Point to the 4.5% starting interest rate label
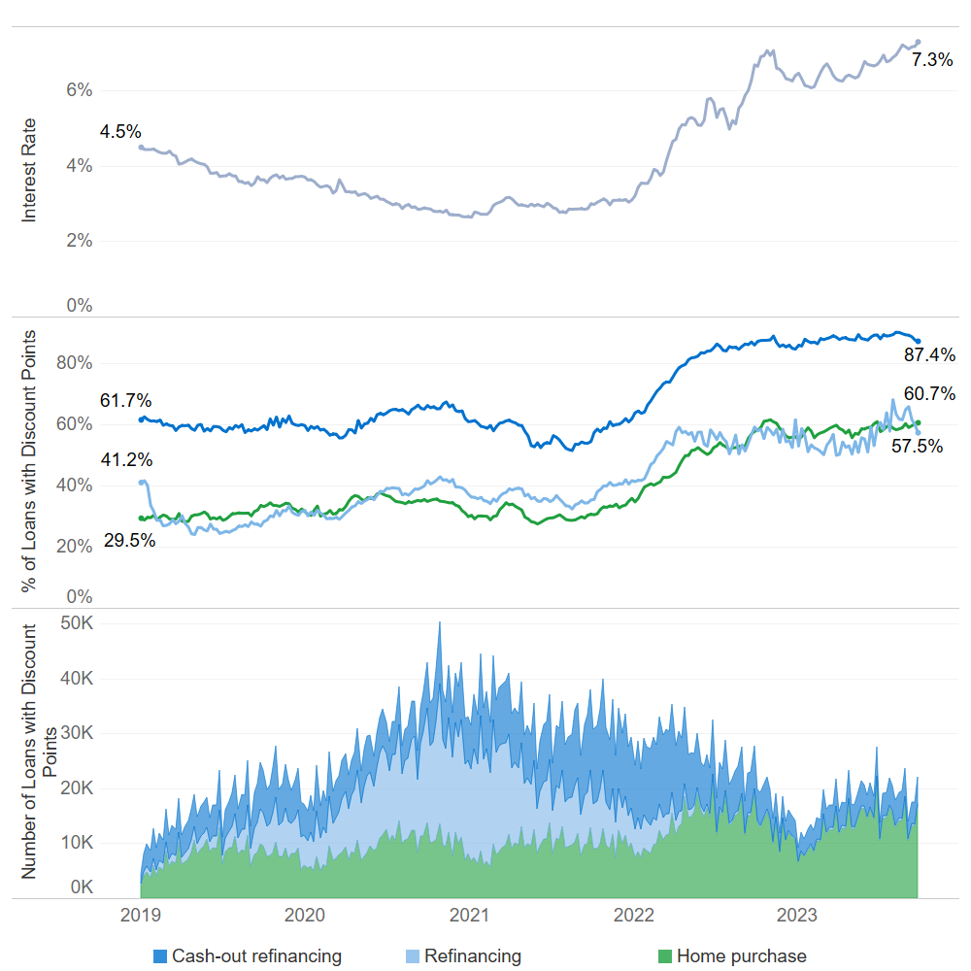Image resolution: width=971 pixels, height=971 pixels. [x=120, y=132]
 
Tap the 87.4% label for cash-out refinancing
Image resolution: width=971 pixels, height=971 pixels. [x=930, y=354]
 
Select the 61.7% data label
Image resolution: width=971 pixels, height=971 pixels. [x=126, y=400]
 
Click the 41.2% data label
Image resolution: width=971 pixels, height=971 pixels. [x=126, y=460]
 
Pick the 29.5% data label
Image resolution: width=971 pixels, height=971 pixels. [x=130, y=541]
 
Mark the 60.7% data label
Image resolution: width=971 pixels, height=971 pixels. [x=930, y=394]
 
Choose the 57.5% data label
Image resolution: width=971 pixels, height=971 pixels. [x=918, y=447]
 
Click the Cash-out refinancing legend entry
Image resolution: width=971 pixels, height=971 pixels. [x=256, y=956]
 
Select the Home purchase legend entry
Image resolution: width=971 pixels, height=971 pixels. [x=741, y=956]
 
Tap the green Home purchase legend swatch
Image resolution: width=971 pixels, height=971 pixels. [x=665, y=956]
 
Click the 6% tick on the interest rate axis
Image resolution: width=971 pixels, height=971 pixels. [x=79, y=90]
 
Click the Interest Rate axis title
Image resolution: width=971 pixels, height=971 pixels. [x=29, y=171]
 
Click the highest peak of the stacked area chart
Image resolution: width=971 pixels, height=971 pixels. [x=439, y=623]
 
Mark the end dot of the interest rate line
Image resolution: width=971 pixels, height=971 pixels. [x=919, y=42]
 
